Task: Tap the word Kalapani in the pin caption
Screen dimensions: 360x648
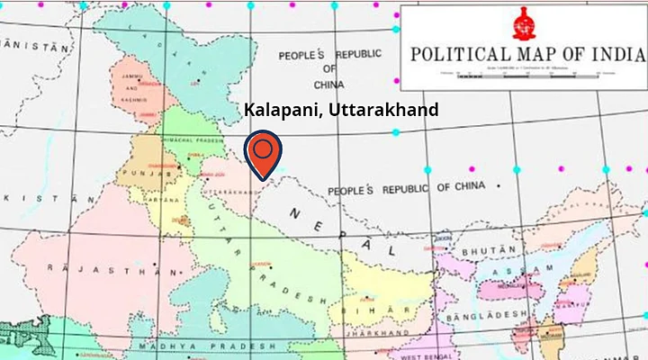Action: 280,111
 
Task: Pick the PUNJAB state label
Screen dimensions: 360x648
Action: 153,173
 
